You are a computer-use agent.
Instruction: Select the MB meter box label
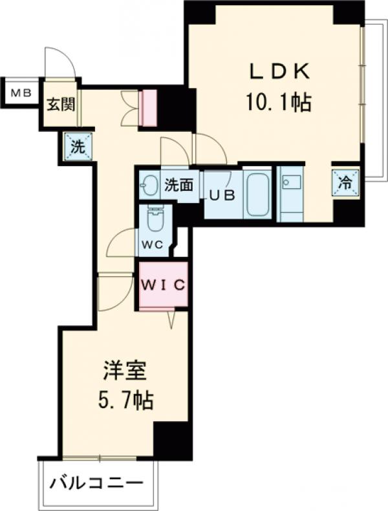[20, 92]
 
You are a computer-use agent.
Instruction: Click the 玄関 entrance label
[59, 104]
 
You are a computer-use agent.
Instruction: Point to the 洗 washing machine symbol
[77, 147]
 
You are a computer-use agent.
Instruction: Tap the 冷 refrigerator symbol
[346, 183]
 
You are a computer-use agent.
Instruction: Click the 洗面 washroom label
[178, 185]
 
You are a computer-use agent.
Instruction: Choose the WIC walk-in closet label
[164, 284]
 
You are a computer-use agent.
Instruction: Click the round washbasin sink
[149, 186]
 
